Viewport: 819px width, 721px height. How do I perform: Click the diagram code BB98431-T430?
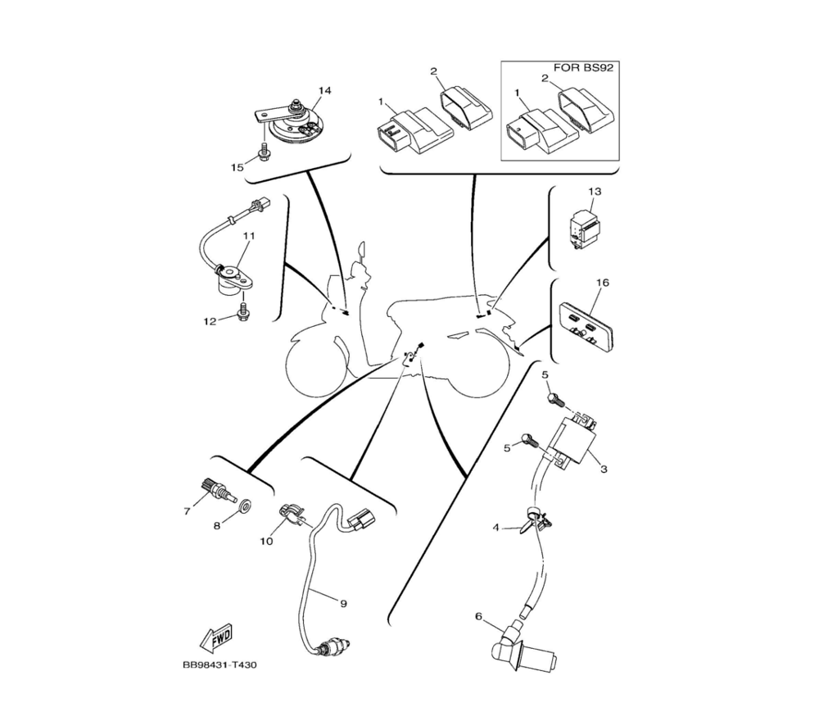coord(219,665)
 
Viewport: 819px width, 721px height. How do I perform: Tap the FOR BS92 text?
coord(583,68)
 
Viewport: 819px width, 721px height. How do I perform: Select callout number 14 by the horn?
coord(324,91)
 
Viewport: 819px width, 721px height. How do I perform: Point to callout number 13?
coord(595,192)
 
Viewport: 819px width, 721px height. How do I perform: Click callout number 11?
coord(249,236)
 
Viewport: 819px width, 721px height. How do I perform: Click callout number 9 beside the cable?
coord(343,604)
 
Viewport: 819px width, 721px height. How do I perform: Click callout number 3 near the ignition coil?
coord(604,469)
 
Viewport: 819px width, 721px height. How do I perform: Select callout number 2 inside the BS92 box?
coord(545,79)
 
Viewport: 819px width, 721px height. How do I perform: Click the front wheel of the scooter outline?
coord(315,365)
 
